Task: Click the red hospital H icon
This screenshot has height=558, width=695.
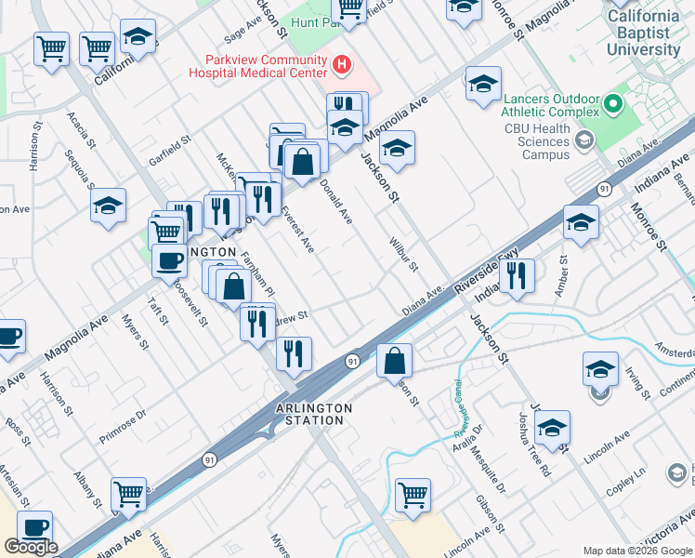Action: (x=342, y=64)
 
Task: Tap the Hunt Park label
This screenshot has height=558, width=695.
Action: (x=311, y=20)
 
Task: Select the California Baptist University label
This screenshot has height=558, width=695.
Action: (x=643, y=33)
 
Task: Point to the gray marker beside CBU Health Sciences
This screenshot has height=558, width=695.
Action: (x=584, y=140)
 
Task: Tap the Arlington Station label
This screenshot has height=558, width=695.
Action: (x=314, y=414)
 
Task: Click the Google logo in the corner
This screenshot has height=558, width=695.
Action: (x=31, y=547)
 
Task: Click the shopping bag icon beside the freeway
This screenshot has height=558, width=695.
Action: (x=395, y=360)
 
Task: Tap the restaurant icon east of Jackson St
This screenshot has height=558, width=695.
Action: (x=518, y=275)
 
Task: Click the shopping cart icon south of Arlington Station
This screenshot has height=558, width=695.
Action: (x=413, y=495)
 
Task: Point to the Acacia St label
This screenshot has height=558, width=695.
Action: (x=81, y=128)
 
